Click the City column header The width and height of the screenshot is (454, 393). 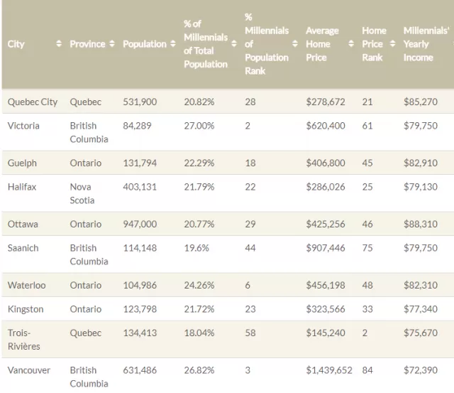click(16, 44)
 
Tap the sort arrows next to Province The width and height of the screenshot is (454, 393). click(112, 44)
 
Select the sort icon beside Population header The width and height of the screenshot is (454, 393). click(173, 44)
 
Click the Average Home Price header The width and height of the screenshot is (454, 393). click(322, 44)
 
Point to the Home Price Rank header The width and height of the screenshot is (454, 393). click(374, 44)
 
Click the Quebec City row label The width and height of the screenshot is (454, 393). click(33, 102)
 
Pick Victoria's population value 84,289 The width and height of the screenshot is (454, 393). click(137, 126)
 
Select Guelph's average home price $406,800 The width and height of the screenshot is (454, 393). click(326, 163)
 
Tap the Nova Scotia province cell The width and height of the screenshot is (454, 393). click(82, 193)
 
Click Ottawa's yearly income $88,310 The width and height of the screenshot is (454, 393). click(421, 224)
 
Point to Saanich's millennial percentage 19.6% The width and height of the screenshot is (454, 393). click(196, 248)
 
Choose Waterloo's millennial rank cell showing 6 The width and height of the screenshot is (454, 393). click(248, 286)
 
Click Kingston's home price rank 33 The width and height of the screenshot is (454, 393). click(367, 309)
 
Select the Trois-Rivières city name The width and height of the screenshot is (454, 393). click(23, 339)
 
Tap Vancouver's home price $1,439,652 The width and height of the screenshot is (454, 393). click(329, 370)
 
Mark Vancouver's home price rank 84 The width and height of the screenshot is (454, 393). click(367, 370)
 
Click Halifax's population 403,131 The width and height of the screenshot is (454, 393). click(140, 187)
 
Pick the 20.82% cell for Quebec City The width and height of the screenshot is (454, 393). click(199, 102)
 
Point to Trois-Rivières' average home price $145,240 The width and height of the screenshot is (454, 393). click(326, 333)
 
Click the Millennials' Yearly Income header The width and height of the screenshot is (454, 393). click(426, 44)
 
